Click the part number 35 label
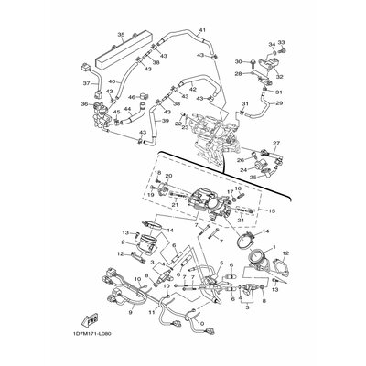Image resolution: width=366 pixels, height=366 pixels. click(120, 34)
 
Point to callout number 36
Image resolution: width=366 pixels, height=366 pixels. click(85, 104)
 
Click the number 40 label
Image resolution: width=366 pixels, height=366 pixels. click(113, 81)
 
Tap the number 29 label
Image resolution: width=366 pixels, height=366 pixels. click(279, 104)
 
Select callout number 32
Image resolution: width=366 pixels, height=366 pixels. click(280, 78)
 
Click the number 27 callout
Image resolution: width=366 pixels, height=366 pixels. click(278, 144)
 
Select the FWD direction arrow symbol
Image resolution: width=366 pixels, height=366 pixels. click(91, 323)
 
